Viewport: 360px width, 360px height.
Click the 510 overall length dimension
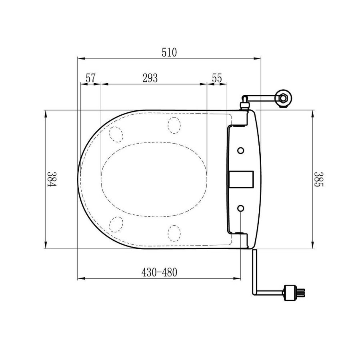[169, 52]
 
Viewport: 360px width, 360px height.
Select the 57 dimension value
[90, 78]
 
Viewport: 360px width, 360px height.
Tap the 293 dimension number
[150, 78]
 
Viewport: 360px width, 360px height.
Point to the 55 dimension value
[217, 78]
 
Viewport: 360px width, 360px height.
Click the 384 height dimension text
[52, 179]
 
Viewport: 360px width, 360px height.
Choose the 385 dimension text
[318, 179]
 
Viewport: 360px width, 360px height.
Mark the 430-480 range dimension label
[159, 272]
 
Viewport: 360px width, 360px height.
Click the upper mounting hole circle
[240, 151]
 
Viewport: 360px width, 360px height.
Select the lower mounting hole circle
[240, 208]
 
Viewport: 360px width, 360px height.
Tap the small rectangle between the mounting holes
[242, 180]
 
